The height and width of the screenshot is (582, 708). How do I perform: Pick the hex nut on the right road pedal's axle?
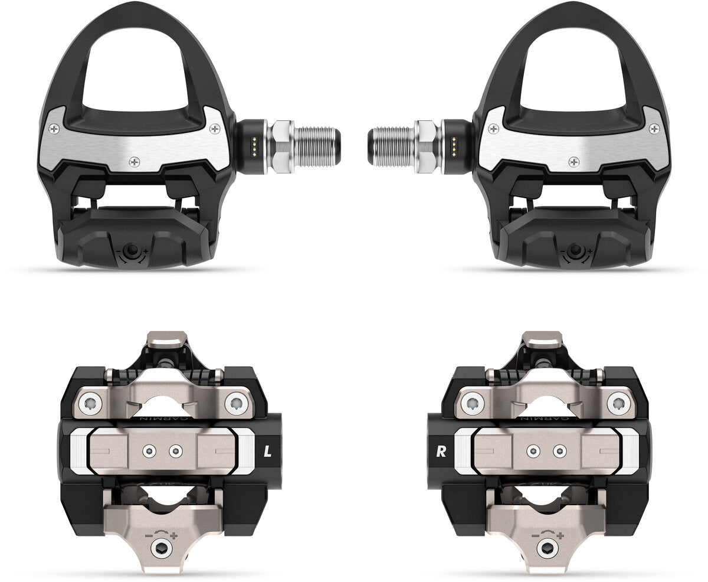426,146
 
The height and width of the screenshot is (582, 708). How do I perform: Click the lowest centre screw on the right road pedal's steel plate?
573,160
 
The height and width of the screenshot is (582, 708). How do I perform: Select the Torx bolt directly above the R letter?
471,404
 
